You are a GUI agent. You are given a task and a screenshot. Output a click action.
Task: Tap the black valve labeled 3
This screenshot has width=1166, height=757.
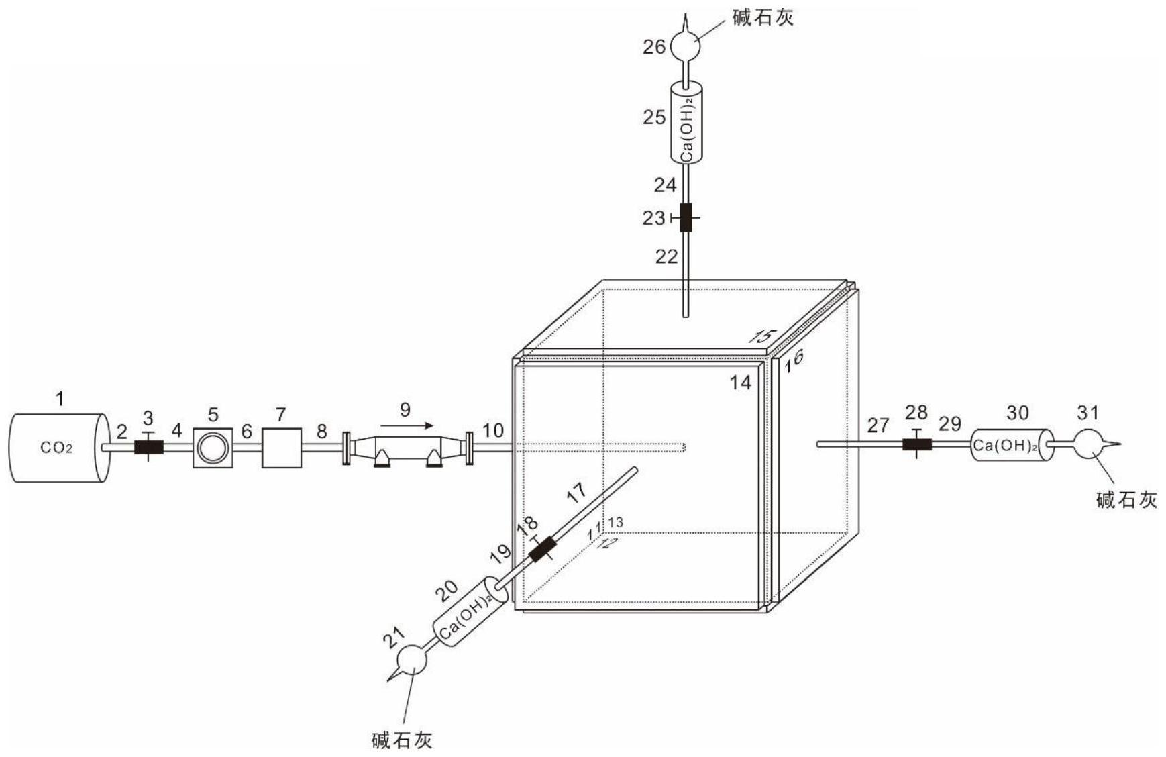(x=148, y=447)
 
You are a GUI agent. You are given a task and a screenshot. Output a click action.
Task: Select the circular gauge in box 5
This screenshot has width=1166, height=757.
(x=213, y=448)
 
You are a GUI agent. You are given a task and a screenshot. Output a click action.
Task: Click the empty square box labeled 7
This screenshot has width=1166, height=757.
(x=281, y=448)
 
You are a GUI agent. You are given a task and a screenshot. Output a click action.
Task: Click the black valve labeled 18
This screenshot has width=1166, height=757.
(x=543, y=549)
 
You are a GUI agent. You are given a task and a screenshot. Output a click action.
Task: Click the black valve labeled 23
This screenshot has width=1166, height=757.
(x=686, y=217)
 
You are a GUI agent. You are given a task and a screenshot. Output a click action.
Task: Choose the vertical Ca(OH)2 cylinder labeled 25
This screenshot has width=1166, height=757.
(x=686, y=122)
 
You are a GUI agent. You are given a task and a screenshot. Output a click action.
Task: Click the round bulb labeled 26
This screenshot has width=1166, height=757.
(x=686, y=46)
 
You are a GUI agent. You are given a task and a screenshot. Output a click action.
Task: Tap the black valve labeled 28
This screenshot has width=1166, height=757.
(x=916, y=444)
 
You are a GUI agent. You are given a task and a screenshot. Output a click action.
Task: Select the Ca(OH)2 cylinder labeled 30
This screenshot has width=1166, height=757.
(x=1012, y=444)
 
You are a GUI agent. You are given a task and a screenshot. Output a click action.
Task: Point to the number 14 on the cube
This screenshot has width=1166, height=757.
(x=741, y=383)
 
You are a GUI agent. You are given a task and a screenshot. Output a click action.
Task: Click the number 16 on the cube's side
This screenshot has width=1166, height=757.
(x=794, y=360)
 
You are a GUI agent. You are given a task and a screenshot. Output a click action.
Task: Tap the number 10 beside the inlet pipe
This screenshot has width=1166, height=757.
(x=493, y=430)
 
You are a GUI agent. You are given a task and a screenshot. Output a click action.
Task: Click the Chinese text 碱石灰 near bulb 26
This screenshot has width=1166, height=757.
(x=763, y=17)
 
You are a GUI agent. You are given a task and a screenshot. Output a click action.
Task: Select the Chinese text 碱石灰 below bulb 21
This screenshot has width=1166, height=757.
(x=402, y=740)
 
